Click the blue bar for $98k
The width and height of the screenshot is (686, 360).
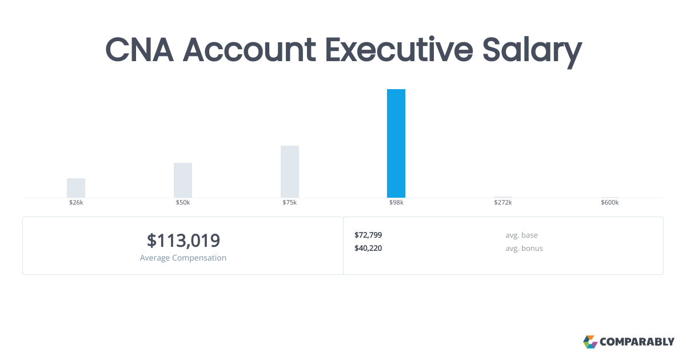pyautogui.click(x=396, y=143)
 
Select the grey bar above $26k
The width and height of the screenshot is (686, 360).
pyautogui.click(x=76, y=188)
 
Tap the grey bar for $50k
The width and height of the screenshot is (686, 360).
pyautogui.click(x=183, y=181)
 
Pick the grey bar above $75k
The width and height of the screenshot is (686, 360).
pyautogui.click(x=290, y=172)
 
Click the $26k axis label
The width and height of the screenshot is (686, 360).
pyautogui.click(x=76, y=202)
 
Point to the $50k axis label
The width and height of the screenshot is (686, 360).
pyautogui.click(x=183, y=202)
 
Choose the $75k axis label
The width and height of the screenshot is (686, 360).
pyautogui.click(x=290, y=202)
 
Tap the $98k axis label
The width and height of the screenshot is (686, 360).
pyautogui.click(x=396, y=202)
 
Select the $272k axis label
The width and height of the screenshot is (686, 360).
pyautogui.click(x=503, y=202)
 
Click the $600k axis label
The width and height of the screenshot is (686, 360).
pyautogui.click(x=610, y=202)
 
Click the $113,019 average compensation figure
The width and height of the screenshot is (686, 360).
pyautogui.click(x=183, y=241)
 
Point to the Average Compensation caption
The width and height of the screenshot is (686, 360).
pyautogui.click(x=183, y=258)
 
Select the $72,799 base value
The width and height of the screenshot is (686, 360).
pyautogui.click(x=368, y=235)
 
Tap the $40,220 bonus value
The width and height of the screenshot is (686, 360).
pyautogui.click(x=368, y=248)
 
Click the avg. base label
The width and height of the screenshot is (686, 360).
pyautogui.click(x=521, y=235)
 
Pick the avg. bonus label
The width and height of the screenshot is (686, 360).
pyautogui.click(x=524, y=248)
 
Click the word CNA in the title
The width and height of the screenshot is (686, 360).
pyautogui.click(x=139, y=50)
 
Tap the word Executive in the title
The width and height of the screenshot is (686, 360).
pyautogui.click(x=399, y=50)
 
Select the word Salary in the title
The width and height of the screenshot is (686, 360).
pyautogui.click(x=532, y=51)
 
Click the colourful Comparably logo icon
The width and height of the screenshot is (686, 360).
pyautogui.click(x=590, y=342)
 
